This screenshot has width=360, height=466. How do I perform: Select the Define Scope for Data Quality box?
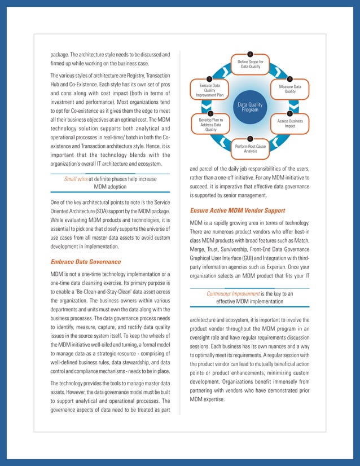pyautogui.click(x=250, y=64)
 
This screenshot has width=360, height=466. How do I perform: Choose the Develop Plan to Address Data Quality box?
pyautogui.click(x=210, y=125)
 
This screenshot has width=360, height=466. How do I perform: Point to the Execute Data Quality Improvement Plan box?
pyautogui.click(x=210, y=90)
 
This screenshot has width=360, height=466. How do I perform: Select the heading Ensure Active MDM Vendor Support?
pyautogui.click(x=237, y=210)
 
